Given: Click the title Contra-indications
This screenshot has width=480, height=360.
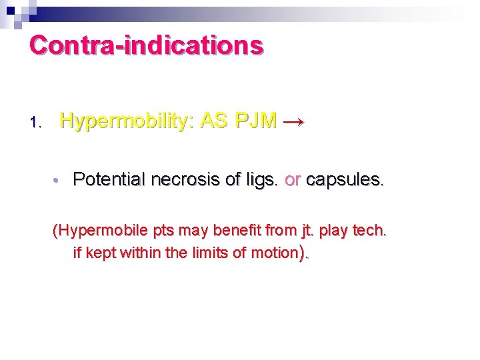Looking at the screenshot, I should coord(146,45).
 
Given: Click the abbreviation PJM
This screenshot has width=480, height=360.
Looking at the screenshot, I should coord(257,121).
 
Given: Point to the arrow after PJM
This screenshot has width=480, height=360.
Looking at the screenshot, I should coord(294,122).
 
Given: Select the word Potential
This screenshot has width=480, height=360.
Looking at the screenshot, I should coord(109,179).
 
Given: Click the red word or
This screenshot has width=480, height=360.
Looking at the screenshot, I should coord(293,179).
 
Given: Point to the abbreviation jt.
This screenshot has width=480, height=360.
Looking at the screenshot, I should coord(308,231).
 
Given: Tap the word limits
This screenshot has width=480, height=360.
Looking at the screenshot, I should coord(183,253).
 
